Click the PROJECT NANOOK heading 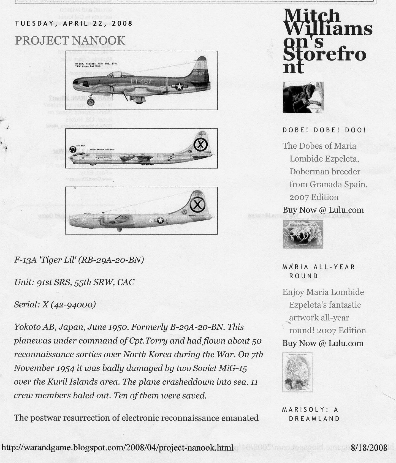[x=70, y=41]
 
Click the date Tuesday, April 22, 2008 [x=74, y=23]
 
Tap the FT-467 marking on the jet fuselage [x=141, y=81]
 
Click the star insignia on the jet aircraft [x=179, y=87]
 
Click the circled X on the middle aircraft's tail [x=200, y=144]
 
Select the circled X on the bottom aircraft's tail [x=197, y=205]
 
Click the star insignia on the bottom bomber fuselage [x=160, y=220]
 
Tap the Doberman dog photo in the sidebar [x=303, y=97]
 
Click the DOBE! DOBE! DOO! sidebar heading [x=324, y=130]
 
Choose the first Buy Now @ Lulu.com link [x=323, y=210]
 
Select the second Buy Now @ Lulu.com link [x=323, y=343]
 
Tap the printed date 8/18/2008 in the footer [x=369, y=448]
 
